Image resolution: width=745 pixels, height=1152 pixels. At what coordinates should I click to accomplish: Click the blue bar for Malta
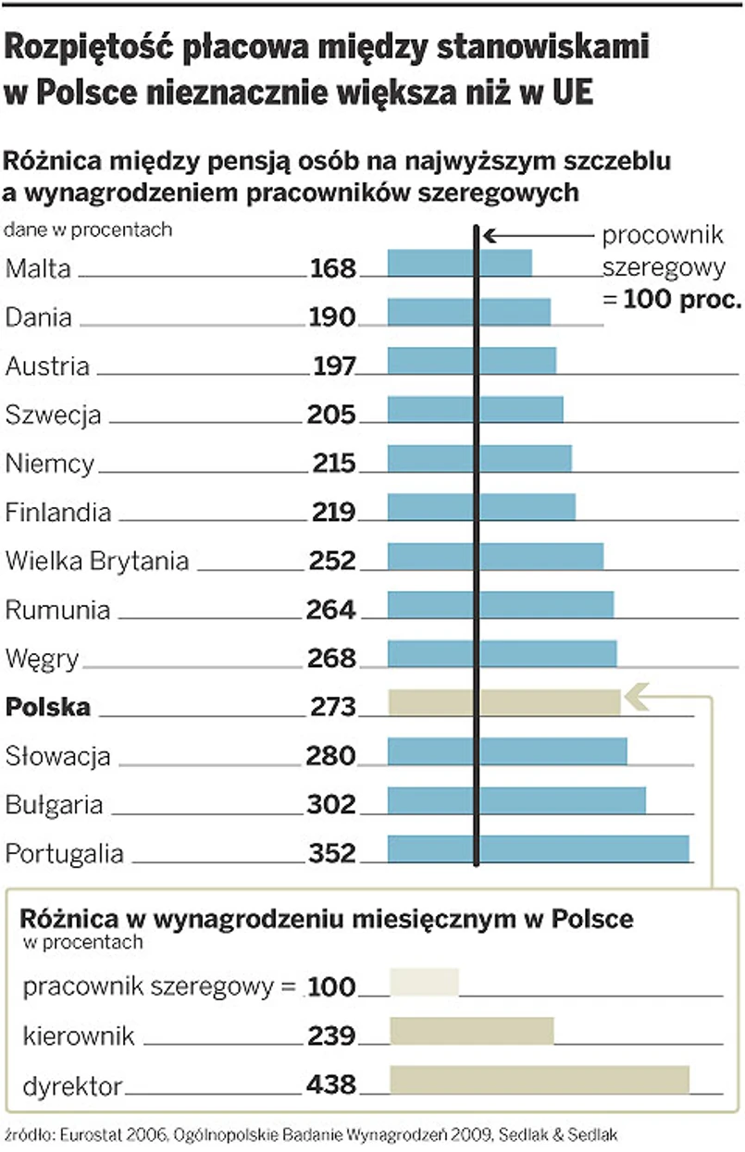click(x=459, y=263)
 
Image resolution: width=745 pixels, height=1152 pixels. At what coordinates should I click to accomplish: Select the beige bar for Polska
click(x=504, y=702)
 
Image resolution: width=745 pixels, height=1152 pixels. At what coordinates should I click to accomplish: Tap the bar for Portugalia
click(x=538, y=849)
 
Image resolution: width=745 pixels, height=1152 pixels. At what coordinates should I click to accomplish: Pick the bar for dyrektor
click(x=540, y=1080)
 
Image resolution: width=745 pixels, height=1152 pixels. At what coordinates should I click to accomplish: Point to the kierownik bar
click(x=472, y=1032)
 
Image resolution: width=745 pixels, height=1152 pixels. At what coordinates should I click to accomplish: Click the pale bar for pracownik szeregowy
click(x=424, y=982)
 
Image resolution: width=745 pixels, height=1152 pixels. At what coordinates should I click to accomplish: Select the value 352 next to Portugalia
click(x=331, y=852)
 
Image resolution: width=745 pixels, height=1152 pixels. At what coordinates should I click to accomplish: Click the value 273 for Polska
click(x=333, y=707)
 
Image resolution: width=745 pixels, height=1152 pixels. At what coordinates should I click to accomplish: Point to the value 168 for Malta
click(x=333, y=268)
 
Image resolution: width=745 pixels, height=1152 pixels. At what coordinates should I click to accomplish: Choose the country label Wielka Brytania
click(x=97, y=561)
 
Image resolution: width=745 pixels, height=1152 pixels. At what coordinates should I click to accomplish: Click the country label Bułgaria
click(x=54, y=805)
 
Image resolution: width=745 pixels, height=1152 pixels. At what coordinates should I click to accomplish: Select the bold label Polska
click(x=48, y=707)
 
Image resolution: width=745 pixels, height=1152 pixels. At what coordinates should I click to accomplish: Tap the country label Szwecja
click(x=53, y=415)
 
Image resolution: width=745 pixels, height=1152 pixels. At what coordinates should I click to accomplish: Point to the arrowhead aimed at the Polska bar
click(x=634, y=694)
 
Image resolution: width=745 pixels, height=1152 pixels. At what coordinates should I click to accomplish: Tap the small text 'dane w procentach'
click(x=89, y=229)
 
